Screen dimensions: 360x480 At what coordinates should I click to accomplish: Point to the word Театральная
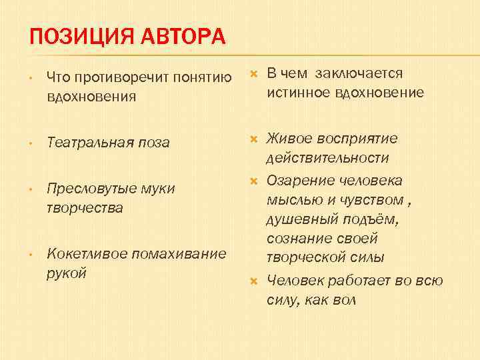point(90,143)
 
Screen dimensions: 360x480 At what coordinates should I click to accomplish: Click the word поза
point(154,143)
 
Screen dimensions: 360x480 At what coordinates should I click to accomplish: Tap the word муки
point(158,189)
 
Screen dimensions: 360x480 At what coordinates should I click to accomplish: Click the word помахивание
point(180,254)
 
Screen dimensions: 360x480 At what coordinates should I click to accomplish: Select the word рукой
point(67,273)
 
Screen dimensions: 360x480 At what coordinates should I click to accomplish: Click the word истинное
point(300,93)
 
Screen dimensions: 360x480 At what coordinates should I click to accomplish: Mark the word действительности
point(327,158)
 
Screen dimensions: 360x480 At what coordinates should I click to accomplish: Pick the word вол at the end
point(343,300)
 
